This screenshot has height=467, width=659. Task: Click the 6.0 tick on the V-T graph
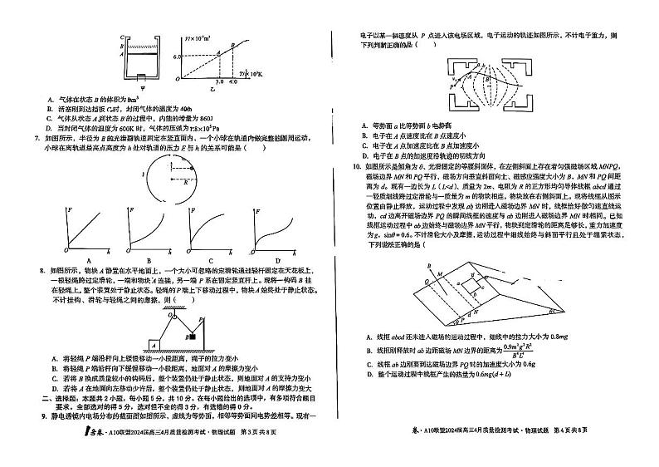click(x=177, y=56)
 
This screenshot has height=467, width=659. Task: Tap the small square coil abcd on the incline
click(x=474, y=288)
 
